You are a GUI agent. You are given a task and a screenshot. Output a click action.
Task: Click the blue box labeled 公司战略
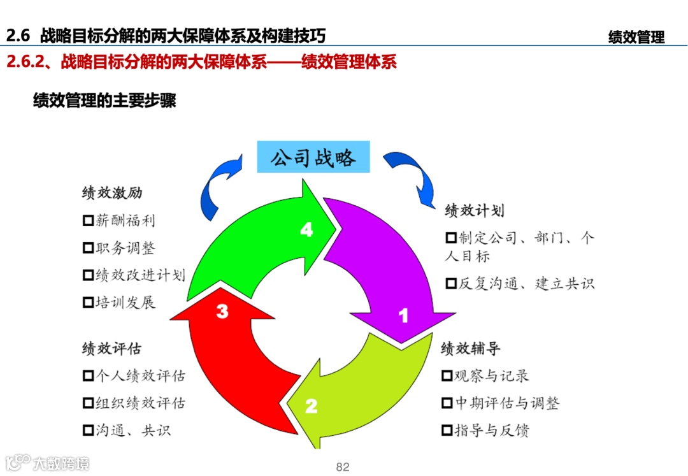[x=313, y=157]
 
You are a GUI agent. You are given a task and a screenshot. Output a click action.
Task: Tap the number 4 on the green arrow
[x=307, y=230]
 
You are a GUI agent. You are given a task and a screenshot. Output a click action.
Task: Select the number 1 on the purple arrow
[x=403, y=315]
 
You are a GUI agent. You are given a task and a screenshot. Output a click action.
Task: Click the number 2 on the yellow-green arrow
[x=311, y=406]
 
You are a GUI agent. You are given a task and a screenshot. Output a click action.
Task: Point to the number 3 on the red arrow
[x=222, y=312]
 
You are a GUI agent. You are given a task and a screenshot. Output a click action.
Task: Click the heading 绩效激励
[x=112, y=193]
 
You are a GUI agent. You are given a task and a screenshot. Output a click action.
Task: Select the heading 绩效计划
[x=475, y=211]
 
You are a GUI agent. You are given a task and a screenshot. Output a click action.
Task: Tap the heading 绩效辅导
[x=471, y=349]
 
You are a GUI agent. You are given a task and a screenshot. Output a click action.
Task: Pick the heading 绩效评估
[x=112, y=349]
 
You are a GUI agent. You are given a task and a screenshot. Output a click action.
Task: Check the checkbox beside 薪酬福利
[x=88, y=221]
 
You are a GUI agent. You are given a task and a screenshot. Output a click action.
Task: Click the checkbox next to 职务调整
[x=88, y=249]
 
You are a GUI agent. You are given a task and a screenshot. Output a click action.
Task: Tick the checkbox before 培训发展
[x=88, y=303]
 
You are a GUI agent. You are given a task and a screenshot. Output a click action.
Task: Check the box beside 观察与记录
[x=447, y=376]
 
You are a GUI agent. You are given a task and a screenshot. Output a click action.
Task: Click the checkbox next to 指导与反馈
[x=447, y=431]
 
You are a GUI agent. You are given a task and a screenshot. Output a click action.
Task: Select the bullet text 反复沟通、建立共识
[x=526, y=284]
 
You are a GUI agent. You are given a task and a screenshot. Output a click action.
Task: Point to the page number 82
[x=343, y=467]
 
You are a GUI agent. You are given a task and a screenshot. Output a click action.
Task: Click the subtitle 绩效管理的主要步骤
[x=104, y=101]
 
